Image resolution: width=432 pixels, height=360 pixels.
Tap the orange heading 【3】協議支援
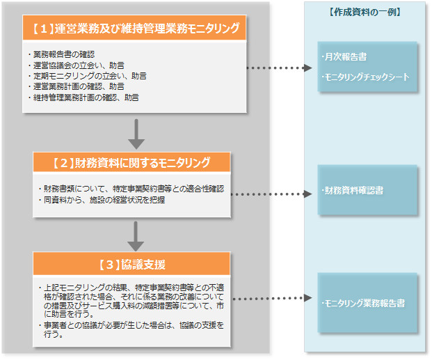click(131, 265)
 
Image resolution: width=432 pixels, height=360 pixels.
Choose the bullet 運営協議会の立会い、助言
click(79, 65)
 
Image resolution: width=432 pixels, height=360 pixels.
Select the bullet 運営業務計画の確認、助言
click(79, 86)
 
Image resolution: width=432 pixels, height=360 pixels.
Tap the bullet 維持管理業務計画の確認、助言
click(86, 97)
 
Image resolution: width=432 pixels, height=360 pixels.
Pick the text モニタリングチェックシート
click(366, 77)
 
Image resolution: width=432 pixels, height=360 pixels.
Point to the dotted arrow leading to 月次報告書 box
click(279, 68)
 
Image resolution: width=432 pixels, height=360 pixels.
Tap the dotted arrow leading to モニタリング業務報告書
click(271, 299)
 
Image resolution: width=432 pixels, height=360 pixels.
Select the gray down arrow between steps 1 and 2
click(136, 134)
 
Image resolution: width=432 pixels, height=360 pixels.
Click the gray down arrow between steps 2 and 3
click(136, 235)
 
